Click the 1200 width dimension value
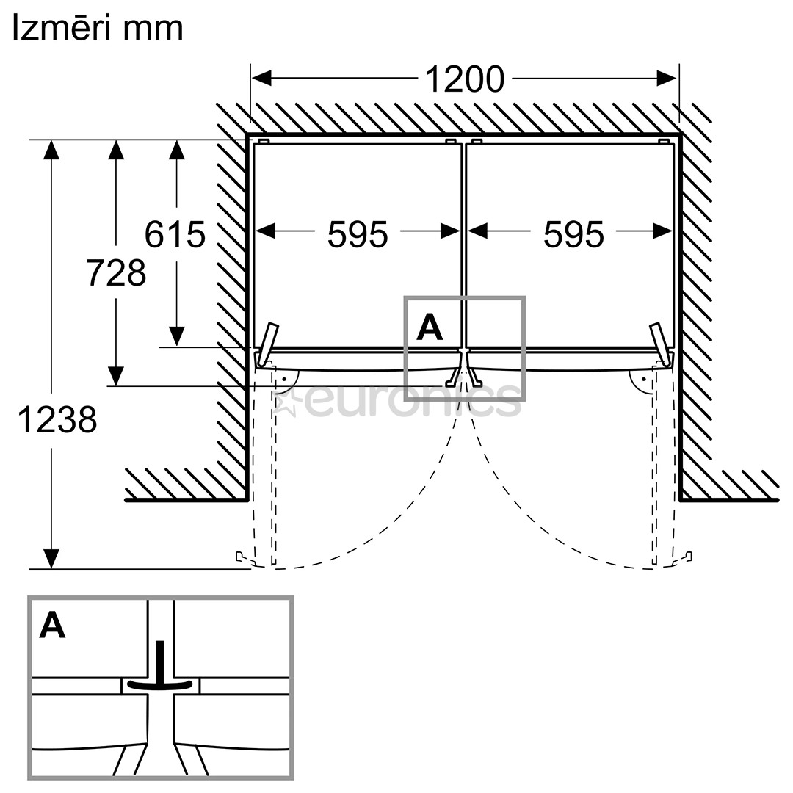coord(464,79)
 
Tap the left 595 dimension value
coord(358,235)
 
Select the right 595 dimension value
coord(573,235)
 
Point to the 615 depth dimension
coord(175,234)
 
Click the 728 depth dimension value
coord(116,272)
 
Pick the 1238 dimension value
coord(57,420)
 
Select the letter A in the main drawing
coord(430,327)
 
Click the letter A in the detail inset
coord(53,625)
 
